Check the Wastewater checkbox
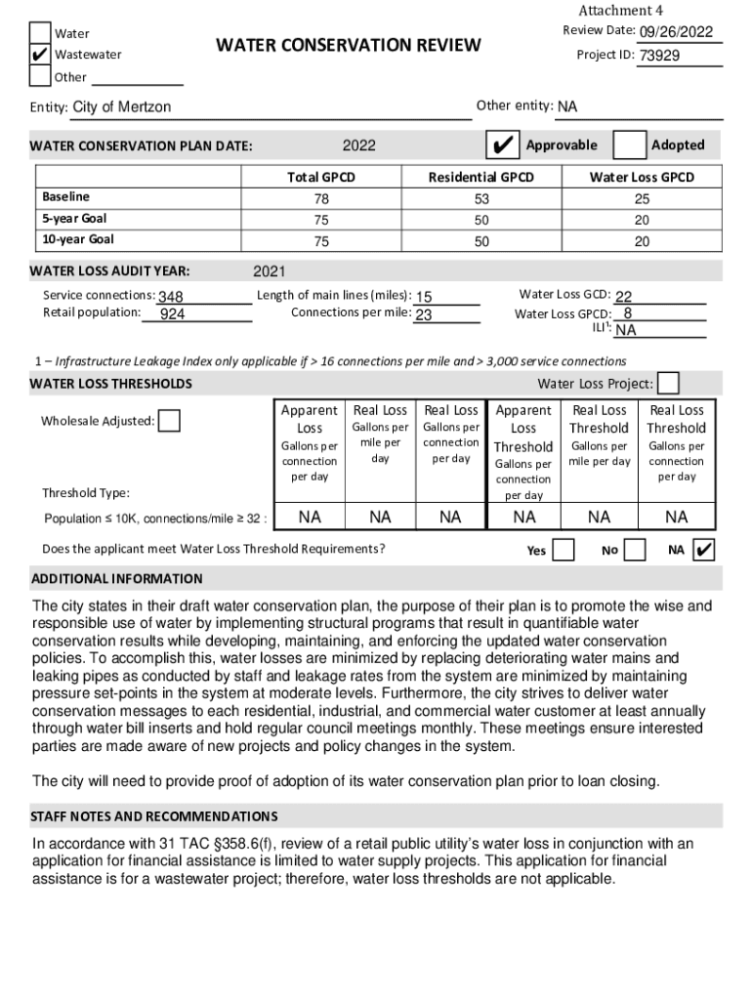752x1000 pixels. (39, 55)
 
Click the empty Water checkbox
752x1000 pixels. (39, 33)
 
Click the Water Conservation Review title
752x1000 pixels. (348, 45)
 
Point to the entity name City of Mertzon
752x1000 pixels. (122, 107)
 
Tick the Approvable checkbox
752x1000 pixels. (503, 145)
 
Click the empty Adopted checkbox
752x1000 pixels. (630, 145)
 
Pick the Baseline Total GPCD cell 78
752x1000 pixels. (321, 198)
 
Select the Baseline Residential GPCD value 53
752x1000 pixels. (481, 198)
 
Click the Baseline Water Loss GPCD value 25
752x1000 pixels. (642, 198)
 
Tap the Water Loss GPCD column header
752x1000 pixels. (642, 177)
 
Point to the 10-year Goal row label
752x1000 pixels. (78, 239)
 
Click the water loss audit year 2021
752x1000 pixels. (270, 271)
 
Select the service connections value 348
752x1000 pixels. (171, 297)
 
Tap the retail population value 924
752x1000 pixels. (173, 314)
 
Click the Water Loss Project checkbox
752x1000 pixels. (669, 384)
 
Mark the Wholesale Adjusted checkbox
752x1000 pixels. (169, 421)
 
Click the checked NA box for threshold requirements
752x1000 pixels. (703, 550)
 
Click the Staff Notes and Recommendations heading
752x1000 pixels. (154, 816)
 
